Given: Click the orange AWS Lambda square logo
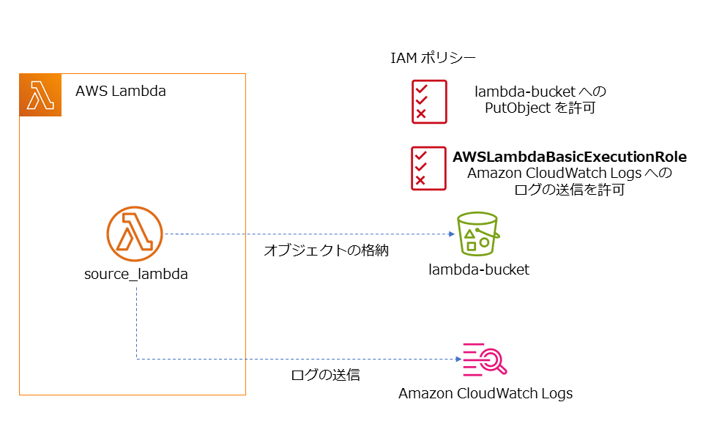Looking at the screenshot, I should pos(40,95).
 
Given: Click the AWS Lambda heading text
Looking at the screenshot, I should pos(121,92).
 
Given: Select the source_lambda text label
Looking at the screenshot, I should pos(136,275).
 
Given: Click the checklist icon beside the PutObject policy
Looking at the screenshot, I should pos(428,101).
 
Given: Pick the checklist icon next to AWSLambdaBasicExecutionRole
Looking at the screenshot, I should pos(428,168).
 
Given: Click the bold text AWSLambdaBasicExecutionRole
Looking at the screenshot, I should pos(570,157).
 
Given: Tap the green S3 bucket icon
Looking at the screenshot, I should pos(477,234).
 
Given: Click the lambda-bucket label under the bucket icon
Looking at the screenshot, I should pos(479,270).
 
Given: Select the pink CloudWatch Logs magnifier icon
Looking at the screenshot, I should pos(483,359).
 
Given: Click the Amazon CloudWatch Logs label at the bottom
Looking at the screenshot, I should pos(486,394).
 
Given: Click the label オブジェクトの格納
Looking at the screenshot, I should pos(326,251).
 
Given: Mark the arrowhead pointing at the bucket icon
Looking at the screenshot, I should pos(451,234).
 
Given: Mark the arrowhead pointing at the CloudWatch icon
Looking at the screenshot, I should pos(458,359).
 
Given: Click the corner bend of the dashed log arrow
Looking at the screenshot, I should pos(137,359).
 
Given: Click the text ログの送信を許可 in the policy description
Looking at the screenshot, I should pos(570,190).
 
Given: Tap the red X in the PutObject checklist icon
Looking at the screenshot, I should pos(420,113).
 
